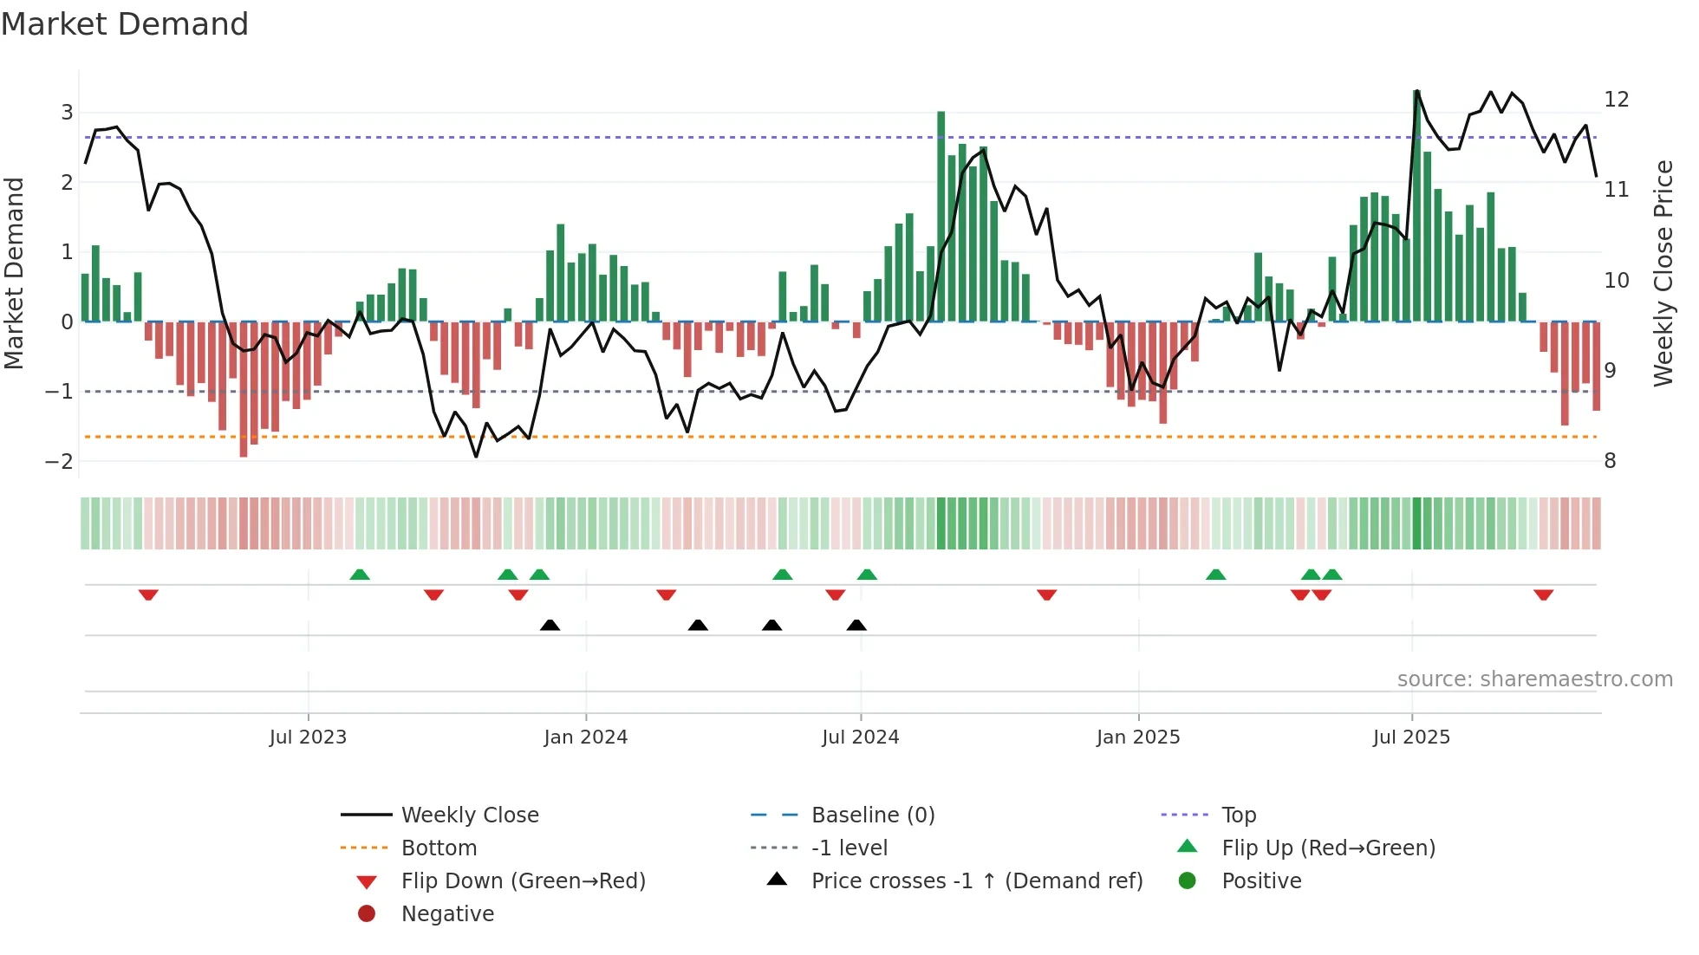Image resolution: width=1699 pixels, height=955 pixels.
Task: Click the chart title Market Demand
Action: pyautogui.click(x=125, y=24)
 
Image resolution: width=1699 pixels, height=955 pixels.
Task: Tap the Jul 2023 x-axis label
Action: pyautogui.click(x=308, y=737)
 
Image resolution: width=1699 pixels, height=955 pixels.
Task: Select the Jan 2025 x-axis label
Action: pyautogui.click(x=1137, y=737)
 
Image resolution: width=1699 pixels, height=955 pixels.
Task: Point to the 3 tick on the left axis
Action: pyautogui.click(x=67, y=112)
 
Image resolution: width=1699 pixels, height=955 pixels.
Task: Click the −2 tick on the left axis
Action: pyautogui.click(x=60, y=461)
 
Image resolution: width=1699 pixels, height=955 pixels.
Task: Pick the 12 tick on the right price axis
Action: pyautogui.click(x=1616, y=99)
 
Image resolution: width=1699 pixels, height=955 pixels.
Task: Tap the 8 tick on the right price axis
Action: pyautogui.click(x=1610, y=461)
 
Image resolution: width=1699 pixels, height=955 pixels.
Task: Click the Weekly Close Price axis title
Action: pyautogui.click(x=1663, y=273)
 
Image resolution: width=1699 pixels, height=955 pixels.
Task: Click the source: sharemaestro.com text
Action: pyautogui.click(x=1534, y=679)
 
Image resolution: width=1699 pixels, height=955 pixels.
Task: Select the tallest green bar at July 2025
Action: pyautogui.click(x=1416, y=208)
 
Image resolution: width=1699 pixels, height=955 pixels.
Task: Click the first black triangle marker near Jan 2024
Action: pyautogui.click(x=550, y=625)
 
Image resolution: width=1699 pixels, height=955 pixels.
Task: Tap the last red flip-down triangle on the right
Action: pyautogui.click(x=1543, y=594)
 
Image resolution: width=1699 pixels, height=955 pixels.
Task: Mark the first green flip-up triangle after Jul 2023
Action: pyautogui.click(x=360, y=575)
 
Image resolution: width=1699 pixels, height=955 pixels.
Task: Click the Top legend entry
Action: pyautogui.click(x=1238, y=815)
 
